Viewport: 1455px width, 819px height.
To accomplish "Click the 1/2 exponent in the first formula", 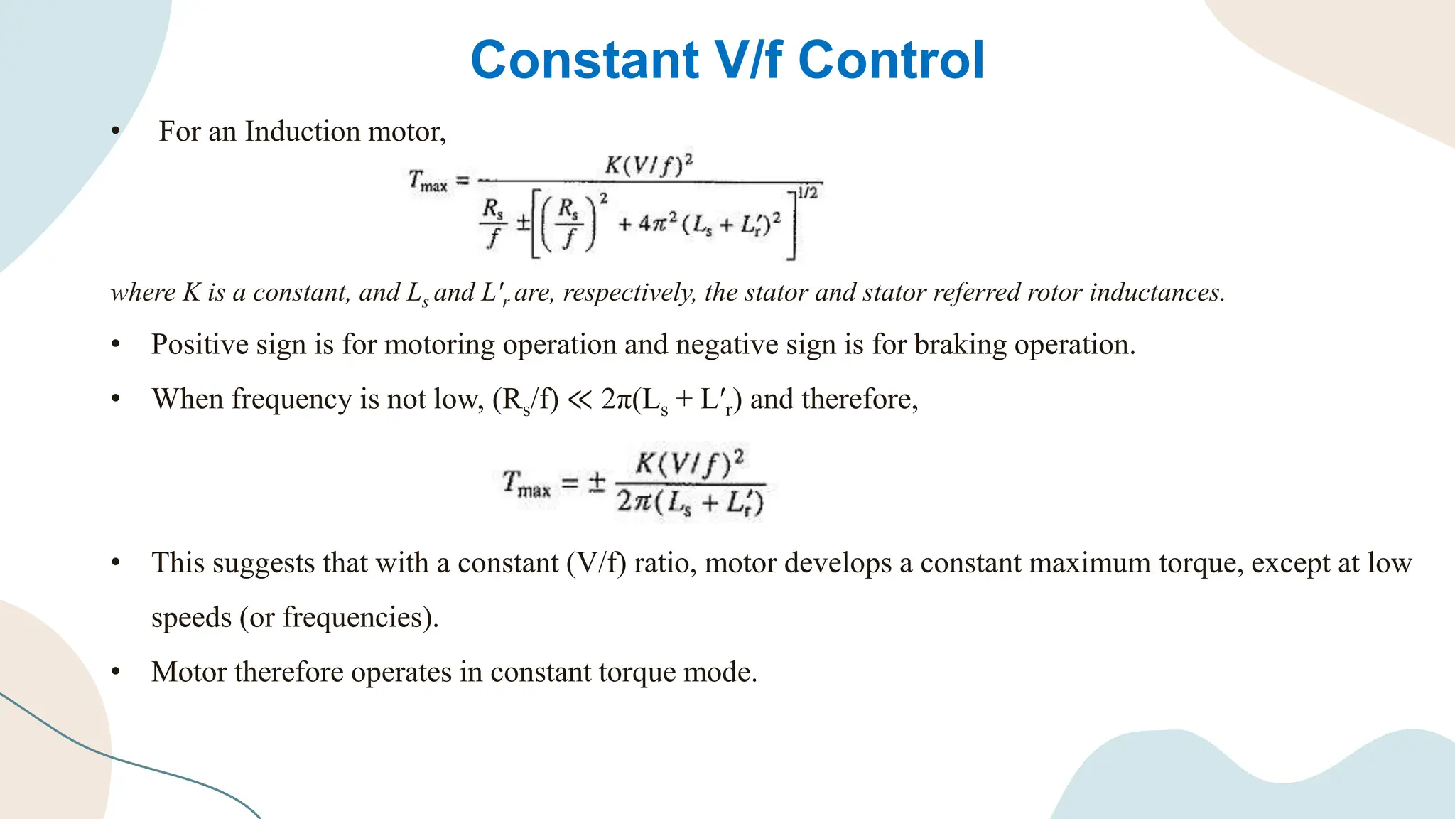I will pos(808,193).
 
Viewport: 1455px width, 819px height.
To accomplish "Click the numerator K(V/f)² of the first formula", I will pos(649,165).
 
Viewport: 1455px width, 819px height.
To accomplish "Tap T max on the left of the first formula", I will pos(428,181).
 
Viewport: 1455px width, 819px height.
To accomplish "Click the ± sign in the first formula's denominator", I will pos(523,224).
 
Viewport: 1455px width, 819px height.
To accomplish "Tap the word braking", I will pos(960,345).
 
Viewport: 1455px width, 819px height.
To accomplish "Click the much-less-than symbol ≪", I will pos(580,400).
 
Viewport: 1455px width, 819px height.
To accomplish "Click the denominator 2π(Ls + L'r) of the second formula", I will pos(690,503).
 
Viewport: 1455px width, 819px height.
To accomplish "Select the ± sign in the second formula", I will pos(596,483).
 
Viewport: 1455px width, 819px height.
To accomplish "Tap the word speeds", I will pos(191,618).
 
